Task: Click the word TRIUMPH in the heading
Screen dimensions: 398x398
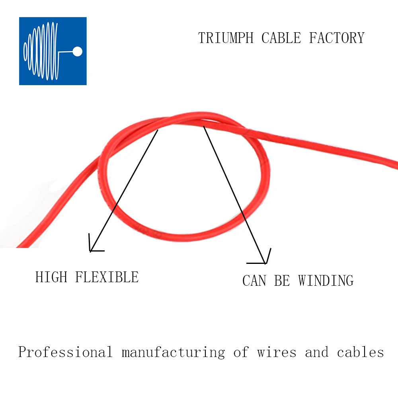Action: coord(226,38)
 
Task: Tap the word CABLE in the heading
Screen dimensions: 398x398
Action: coord(281,38)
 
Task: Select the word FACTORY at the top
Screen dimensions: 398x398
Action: coord(337,38)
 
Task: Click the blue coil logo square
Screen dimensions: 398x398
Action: coord(53,51)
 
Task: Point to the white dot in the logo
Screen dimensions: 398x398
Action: coord(78,51)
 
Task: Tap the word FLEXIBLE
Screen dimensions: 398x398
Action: coord(107,277)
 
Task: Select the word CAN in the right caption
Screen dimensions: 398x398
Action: coord(254,281)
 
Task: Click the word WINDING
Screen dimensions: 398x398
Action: coord(326,281)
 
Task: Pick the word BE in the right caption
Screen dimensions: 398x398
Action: coord(282,281)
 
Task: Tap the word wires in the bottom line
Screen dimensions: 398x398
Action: coord(277,353)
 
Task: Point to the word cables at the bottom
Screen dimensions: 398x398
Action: coord(360,353)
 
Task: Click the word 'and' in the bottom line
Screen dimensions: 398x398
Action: coord(317,353)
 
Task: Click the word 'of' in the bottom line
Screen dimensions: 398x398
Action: coord(241,353)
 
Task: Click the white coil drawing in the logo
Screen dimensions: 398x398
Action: coord(42,51)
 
